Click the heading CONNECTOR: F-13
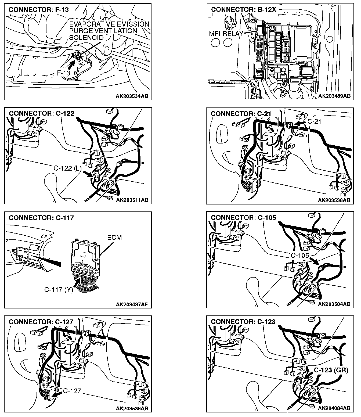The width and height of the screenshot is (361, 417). [39, 10]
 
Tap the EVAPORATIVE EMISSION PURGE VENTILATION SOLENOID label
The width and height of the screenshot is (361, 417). [109, 31]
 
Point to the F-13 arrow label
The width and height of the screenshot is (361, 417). [64, 73]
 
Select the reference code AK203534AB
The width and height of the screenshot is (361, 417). [132, 96]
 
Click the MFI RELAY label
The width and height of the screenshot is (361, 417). [226, 34]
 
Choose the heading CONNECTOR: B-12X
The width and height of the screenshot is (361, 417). [244, 10]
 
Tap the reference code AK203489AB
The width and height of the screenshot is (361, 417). [334, 96]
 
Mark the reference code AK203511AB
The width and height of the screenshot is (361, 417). [132, 200]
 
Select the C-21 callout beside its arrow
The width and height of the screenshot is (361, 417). [314, 121]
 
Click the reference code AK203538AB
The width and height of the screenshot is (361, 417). [334, 200]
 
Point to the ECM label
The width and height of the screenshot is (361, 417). [114, 238]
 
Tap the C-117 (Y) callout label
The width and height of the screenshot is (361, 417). [59, 289]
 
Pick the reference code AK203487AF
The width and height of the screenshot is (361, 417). [132, 304]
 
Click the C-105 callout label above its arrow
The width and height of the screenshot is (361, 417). [300, 255]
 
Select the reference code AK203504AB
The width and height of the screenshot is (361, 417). [334, 304]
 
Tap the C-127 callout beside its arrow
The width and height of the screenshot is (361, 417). [72, 391]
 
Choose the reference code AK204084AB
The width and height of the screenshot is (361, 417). [334, 408]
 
